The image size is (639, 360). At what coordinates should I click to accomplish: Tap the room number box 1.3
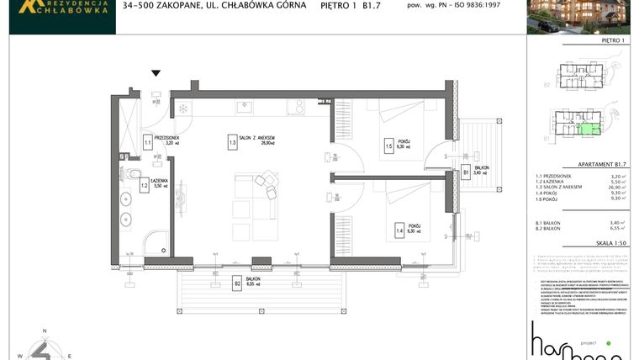point(231,144)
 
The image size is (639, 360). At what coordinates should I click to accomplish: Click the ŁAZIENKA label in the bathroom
point(161,181)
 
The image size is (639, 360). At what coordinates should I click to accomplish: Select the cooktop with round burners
point(295,107)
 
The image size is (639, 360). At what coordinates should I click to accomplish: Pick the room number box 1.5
point(388,145)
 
